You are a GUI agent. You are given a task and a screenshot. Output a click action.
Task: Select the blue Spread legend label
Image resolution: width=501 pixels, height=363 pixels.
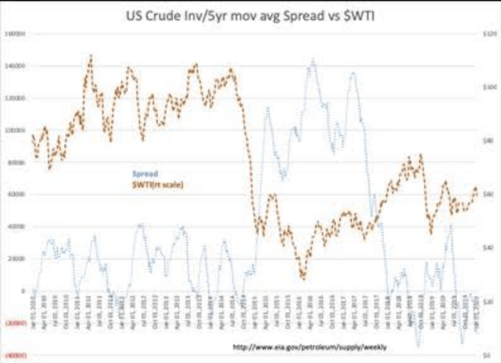pos(145,173)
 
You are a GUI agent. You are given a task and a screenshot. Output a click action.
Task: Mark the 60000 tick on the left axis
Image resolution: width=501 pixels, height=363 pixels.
pos(15,195)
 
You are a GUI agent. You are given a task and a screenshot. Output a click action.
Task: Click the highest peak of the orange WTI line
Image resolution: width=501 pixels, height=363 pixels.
pos(91,55)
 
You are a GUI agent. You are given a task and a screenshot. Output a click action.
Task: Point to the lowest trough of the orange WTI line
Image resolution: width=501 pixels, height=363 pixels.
pos(304,277)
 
